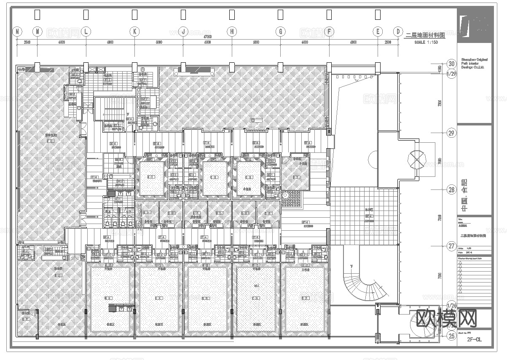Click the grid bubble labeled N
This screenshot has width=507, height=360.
point(17,31)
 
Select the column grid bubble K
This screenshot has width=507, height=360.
point(134,31)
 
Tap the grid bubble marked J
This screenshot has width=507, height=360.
point(183,31)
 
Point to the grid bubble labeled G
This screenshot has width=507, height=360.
point(280,31)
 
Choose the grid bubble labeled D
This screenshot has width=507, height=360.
point(398,31)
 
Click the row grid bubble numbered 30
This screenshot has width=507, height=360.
point(451,64)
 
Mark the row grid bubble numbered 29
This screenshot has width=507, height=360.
point(451,133)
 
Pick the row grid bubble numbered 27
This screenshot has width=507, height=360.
point(451,246)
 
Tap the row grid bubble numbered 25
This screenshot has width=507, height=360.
point(451,336)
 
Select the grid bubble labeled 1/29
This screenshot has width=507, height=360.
point(451,74)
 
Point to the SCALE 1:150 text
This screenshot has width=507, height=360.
point(426,43)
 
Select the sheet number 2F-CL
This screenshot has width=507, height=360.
point(474,339)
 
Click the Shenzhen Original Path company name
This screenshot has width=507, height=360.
point(473,64)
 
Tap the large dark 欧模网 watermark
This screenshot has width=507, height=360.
point(446,318)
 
